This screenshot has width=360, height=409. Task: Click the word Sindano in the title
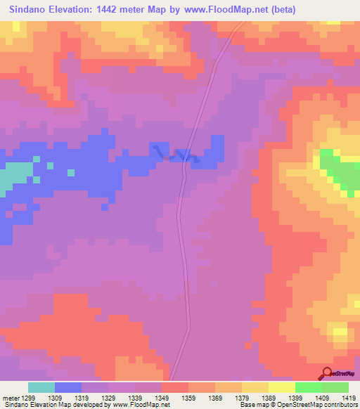click(x=28, y=10)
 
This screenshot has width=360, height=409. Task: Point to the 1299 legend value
click(x=27, y=398)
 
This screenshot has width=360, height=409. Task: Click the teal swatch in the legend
click(x=41, y=387)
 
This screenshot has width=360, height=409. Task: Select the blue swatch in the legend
click(x=68, y=387)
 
